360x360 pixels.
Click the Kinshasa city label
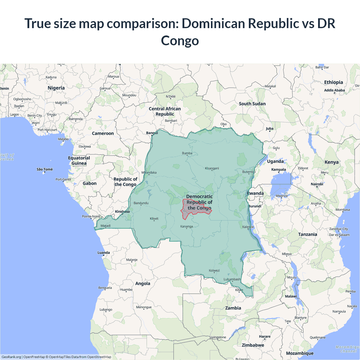[122, 211]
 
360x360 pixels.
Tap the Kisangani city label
[212, 168]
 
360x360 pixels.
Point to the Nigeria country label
[56, 88]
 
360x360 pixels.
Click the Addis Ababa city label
[334, 90]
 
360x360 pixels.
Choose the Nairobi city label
[317, 184]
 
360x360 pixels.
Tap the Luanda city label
[104, 253]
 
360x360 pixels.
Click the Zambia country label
[233, 308]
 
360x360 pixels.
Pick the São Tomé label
[45, 169]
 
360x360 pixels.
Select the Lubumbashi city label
[232, 279]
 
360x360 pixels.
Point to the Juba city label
[270, 129]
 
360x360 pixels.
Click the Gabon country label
[90, 183]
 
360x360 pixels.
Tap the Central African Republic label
[165, 111]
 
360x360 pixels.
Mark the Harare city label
[265, 336]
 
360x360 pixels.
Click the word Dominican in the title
[213, 23]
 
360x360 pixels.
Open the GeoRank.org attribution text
[11, 357]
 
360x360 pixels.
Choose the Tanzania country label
[308, 234]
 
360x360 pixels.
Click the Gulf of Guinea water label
[7, 157]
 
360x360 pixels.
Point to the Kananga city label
[186, 226]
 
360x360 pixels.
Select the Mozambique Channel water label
[348, 349]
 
